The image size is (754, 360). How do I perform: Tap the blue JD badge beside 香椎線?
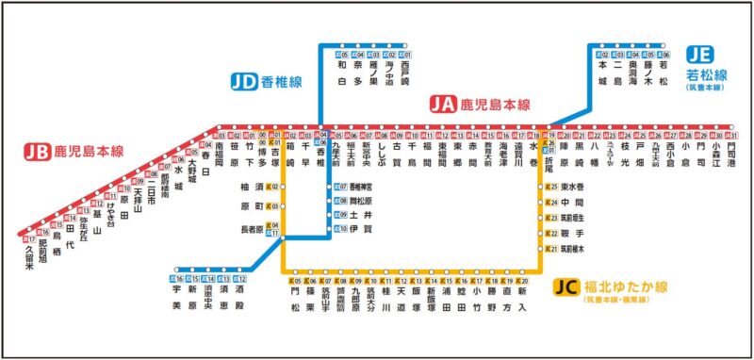(243, 82)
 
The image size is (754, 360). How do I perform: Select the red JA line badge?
(442, 105)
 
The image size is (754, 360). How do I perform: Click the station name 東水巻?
(572, 187)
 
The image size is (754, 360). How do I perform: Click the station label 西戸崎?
(405, 75)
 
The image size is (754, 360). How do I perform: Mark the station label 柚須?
(252, 188)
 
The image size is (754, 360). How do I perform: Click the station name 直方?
(509, 299)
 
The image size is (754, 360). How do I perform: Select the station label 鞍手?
(572, 231)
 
